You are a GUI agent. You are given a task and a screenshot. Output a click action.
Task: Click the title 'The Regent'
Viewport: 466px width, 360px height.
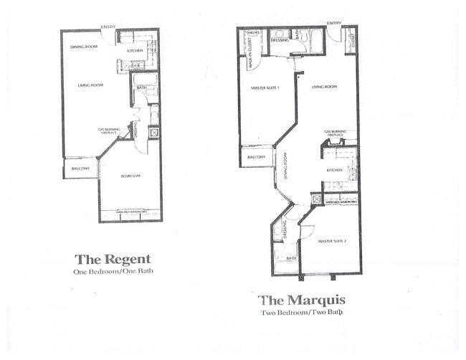(113, 259)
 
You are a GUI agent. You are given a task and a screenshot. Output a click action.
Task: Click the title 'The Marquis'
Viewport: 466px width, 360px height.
(303, 300)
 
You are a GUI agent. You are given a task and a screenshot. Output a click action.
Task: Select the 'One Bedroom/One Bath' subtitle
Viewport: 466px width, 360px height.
(113, 272)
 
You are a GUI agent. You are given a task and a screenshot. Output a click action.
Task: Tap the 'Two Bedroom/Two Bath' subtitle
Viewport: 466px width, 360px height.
(302, 313)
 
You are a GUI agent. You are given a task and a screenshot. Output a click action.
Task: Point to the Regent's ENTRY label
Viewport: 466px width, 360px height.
(108, 27)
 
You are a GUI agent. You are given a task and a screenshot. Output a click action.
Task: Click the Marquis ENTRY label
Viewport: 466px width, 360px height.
(334, 23)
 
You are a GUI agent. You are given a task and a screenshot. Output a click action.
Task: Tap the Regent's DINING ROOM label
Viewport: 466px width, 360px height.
(83, 47)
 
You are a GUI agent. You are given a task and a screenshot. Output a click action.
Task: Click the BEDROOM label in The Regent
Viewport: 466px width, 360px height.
(130, 176)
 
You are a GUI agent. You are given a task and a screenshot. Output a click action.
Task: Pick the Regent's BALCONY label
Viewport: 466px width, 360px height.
(80, 168)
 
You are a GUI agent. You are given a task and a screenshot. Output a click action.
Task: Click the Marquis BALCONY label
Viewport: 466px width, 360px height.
(256, 157)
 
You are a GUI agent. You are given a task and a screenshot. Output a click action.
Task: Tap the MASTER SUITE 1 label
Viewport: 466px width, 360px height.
(265, 88)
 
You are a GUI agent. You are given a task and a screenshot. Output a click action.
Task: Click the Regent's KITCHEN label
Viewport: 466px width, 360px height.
(135, 51)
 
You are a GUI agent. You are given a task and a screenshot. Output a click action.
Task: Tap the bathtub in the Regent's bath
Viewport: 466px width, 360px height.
(146, 79)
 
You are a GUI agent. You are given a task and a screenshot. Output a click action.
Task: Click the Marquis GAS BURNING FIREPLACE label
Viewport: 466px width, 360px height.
(335, 133)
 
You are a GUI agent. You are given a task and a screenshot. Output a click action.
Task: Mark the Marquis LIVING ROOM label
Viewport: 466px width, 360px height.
(324, 87)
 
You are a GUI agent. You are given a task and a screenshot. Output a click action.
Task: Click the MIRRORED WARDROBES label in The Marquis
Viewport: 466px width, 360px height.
(341, 202)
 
